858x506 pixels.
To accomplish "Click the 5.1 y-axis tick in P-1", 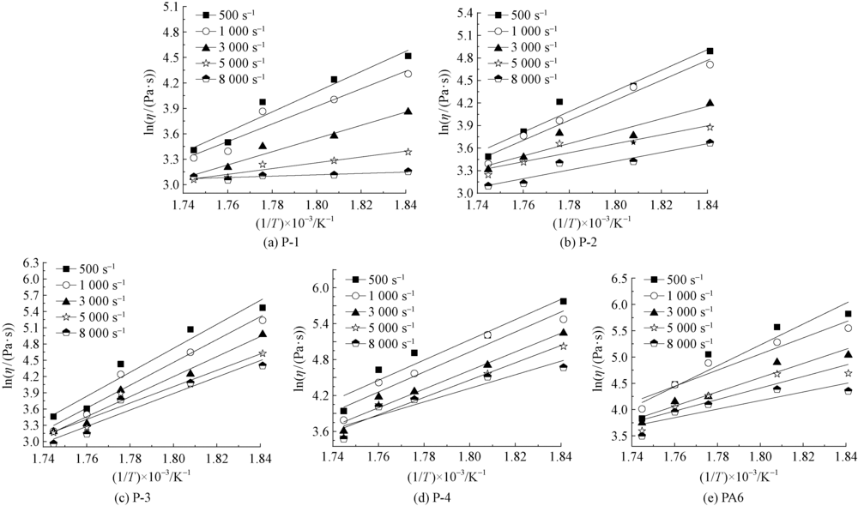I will coord(169,7).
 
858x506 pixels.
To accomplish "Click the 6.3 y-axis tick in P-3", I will coord(30,262).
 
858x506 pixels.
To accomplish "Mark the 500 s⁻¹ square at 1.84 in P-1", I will coord(408,57).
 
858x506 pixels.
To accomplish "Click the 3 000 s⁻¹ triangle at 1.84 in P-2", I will coord(710,103).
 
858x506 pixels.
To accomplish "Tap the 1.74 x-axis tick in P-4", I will coord(333,459).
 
